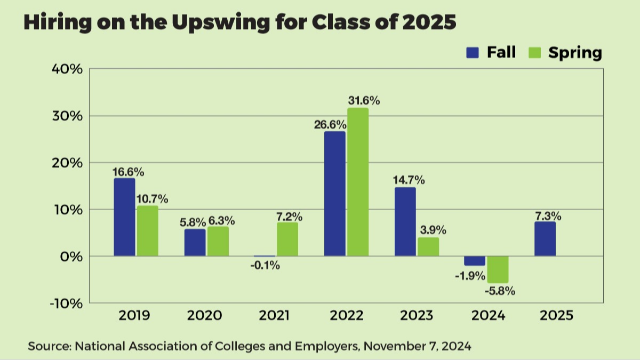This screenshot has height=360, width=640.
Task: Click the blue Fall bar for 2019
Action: (x=124, y=217)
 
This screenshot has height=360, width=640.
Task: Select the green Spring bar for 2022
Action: (x=358, y=182)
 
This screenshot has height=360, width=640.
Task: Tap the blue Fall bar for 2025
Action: (x=545, y=239)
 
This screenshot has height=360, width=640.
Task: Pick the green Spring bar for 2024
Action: (x=497, y=269)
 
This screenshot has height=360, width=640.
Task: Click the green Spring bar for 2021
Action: (x=287, y=239)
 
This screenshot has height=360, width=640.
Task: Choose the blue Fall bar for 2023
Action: (x=405, y=222)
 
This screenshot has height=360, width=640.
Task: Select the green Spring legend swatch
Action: (x=535, y=52)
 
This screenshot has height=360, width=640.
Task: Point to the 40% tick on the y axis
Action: (x=67, y=69)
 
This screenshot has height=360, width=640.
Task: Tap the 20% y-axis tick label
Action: (x=67, y=163)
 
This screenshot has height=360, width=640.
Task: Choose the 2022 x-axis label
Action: (x=347, y=316)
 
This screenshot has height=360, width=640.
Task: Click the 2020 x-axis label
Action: (x=205, y=316)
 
